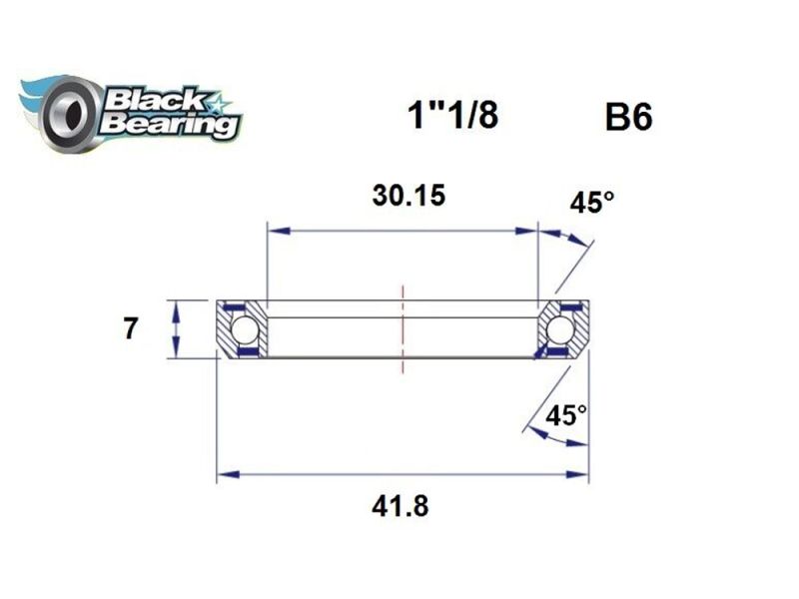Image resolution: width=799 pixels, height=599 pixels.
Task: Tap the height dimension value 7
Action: tap(130, 328)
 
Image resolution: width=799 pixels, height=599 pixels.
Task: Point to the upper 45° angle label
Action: tap(591, 203)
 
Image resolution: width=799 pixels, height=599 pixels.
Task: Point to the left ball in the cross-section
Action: tap(245, 329)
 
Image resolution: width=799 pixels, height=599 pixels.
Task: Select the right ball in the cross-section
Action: tap(560, 329)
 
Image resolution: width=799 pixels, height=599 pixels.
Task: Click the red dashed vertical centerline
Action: tap(402, 329)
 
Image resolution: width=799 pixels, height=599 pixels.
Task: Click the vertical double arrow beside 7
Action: tap(176, 328)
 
